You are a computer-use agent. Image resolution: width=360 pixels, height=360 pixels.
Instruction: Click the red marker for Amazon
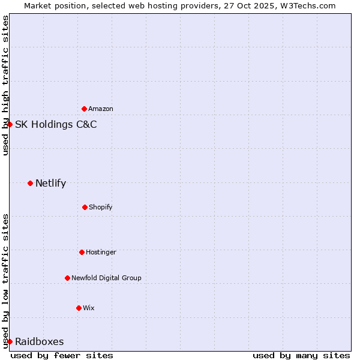[84, 109]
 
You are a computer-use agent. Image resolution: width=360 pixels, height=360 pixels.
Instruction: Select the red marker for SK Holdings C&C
[10, 124]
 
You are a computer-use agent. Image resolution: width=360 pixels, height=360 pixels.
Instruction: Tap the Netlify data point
[30, 183]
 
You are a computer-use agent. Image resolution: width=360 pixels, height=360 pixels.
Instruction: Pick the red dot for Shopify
[85, 207]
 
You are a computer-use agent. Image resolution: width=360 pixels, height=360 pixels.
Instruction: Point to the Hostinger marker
[82, 252]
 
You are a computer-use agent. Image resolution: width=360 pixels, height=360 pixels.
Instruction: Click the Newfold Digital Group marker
[67, 278]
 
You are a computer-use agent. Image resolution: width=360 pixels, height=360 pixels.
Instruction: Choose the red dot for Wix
[79, 308]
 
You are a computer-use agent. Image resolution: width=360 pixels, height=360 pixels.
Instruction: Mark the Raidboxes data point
[10, 341]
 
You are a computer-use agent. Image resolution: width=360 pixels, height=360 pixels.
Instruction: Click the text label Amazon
[101, 109]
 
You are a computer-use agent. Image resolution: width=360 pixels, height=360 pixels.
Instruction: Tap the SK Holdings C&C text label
[56, 125]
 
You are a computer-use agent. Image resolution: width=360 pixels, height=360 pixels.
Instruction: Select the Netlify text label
[50, 184]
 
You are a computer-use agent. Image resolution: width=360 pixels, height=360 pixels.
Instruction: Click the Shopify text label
[101, 207]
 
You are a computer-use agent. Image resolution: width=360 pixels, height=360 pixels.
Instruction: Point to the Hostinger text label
[101, 252]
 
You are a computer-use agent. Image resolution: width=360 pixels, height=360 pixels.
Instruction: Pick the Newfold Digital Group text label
[106, 278]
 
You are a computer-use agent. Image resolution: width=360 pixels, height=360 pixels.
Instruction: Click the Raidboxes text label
[40, 342]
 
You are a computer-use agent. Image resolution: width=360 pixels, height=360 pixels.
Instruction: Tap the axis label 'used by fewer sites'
[62, 355]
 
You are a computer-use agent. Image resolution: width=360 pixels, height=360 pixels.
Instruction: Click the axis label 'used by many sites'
[301, 355]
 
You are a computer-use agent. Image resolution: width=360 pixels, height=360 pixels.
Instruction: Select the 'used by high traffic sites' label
[5, 85]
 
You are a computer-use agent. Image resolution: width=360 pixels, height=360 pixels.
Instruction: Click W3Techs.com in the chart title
[306, 5]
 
